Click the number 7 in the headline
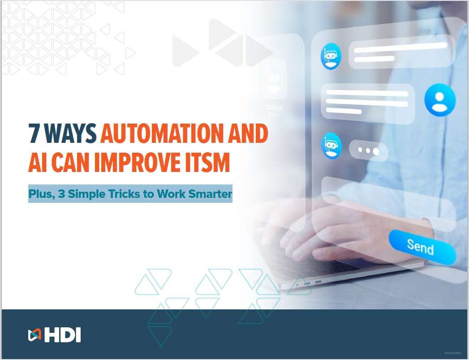[34, 133]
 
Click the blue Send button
[421, 246]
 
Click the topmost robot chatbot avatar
[331, 56]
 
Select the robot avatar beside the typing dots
[331, 146]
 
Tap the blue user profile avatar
[439, 101]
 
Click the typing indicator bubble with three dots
[368, 151]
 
